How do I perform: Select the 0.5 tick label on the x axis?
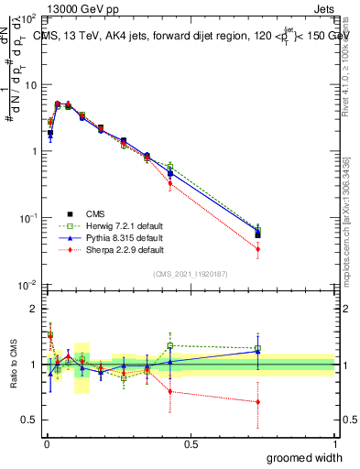pyautogui.click(x=190, y=443)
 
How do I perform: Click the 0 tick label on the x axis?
pyautogui.click(x=46, y=443)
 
